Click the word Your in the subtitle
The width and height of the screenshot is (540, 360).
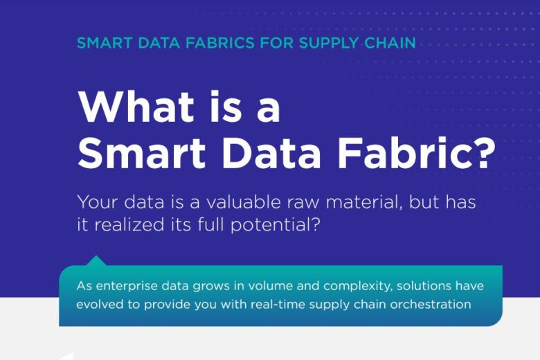pyautogui.click(x=98, y=204)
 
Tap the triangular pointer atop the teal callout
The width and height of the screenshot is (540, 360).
pyautogui.click(x=96, y=260)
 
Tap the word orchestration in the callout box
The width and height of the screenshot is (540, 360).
pyautogui.click(x=431, y=305)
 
